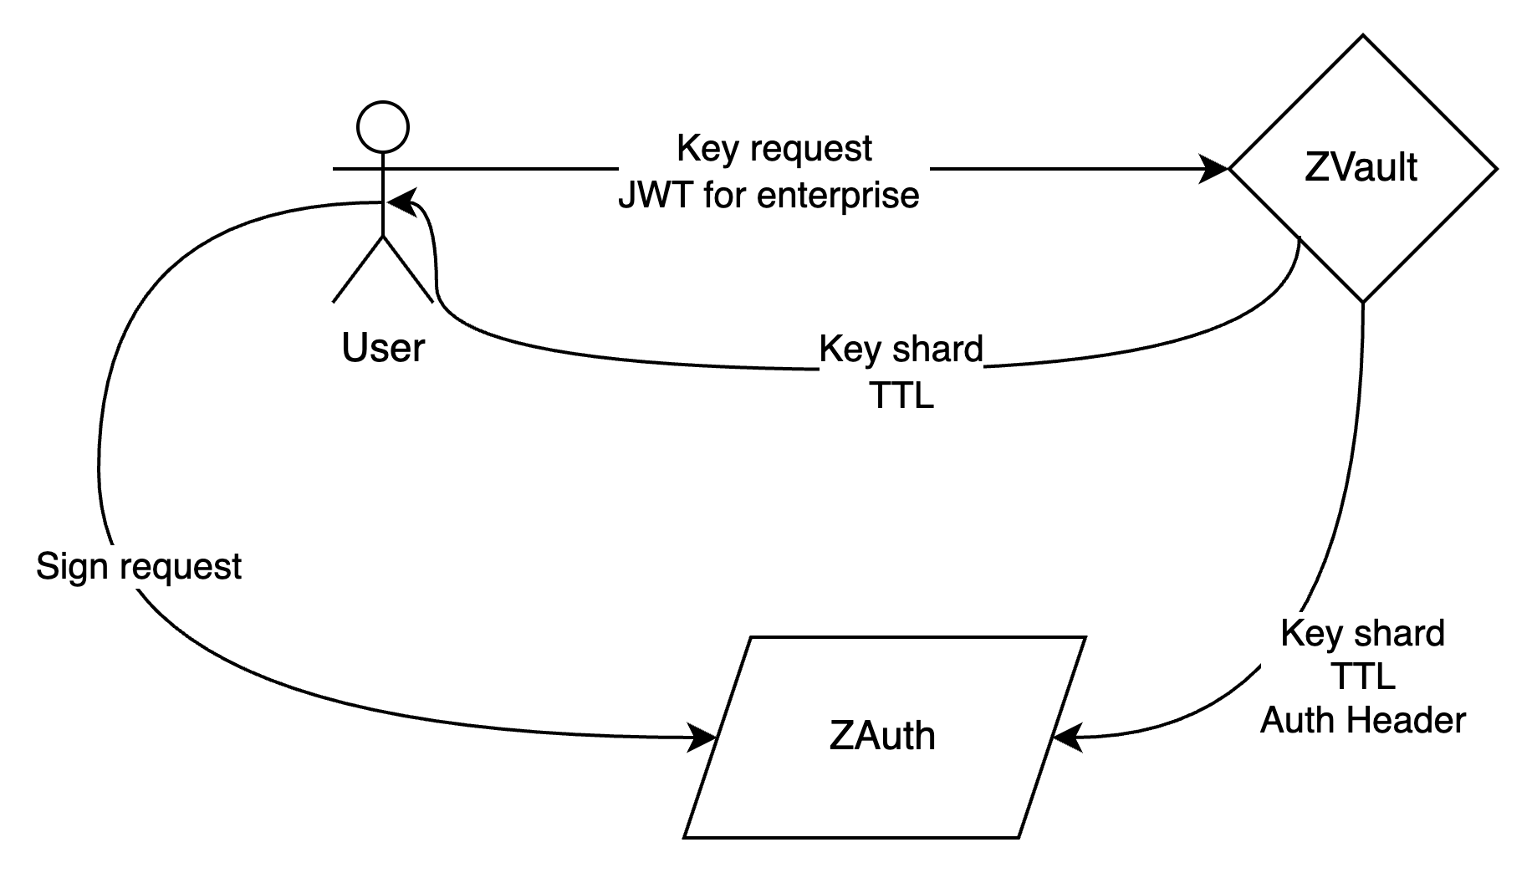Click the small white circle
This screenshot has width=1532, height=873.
383,127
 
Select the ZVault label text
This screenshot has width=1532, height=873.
1361,167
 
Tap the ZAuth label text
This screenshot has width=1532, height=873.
882,736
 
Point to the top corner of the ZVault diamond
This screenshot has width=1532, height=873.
1363,40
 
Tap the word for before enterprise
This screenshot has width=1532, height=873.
725,195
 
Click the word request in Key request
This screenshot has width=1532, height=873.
811,149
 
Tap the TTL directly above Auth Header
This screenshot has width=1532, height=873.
1362,676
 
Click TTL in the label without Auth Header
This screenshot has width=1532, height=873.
901,395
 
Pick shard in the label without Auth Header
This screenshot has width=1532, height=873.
936,349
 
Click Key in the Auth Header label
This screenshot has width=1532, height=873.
1311,633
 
